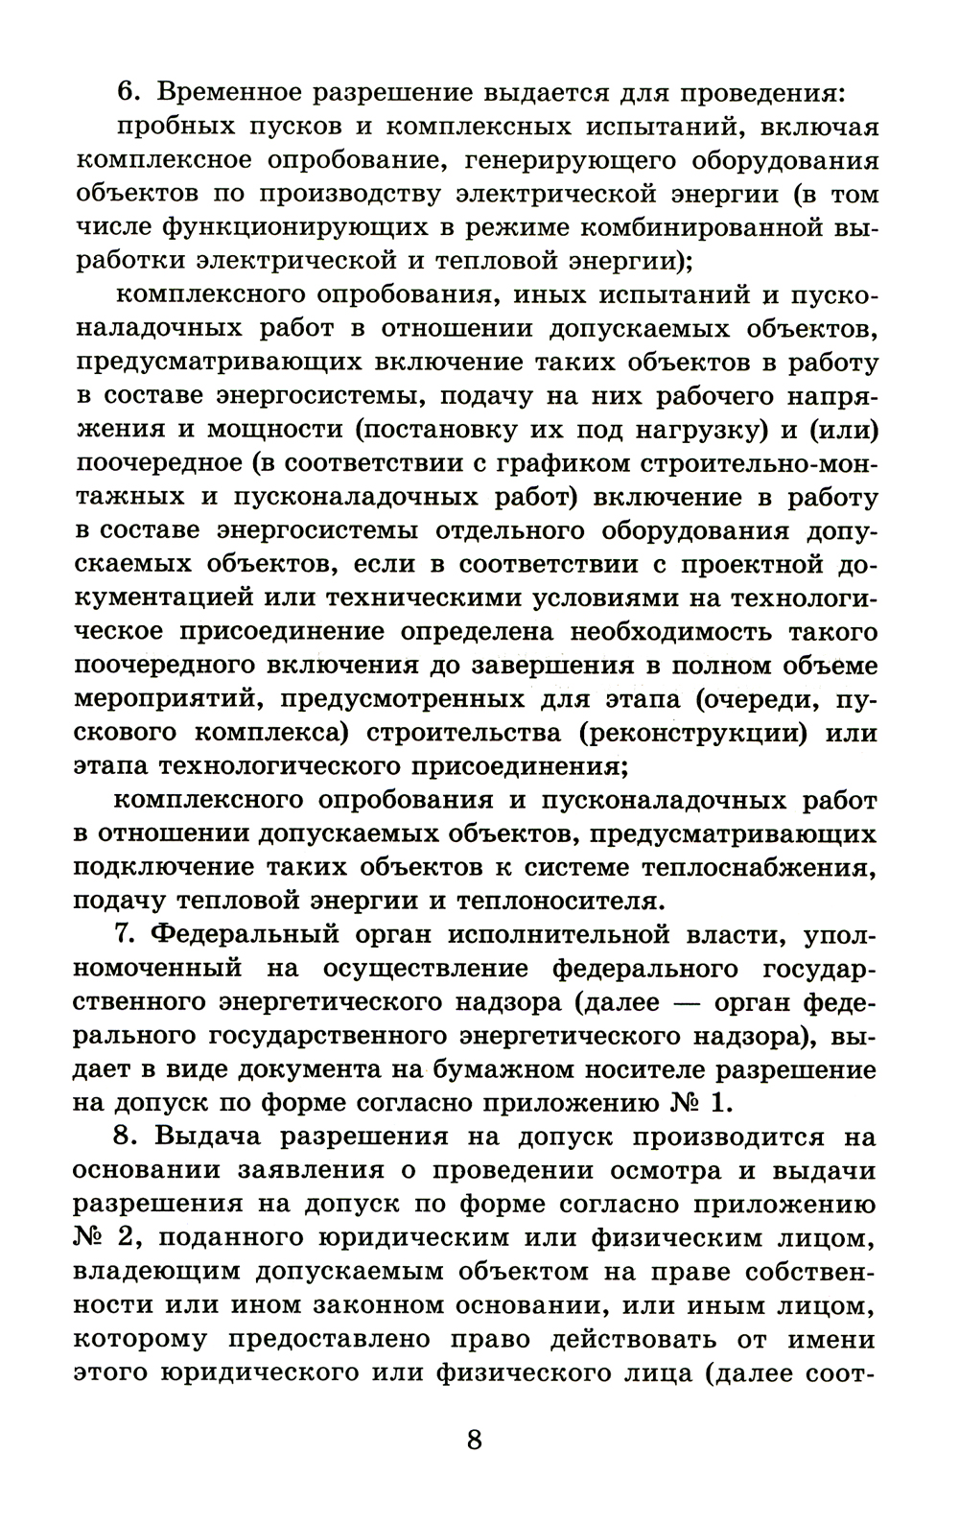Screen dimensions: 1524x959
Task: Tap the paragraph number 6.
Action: (129, 93)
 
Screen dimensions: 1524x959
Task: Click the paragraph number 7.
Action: (128, 934)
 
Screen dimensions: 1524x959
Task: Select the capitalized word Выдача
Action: (213, 1137)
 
